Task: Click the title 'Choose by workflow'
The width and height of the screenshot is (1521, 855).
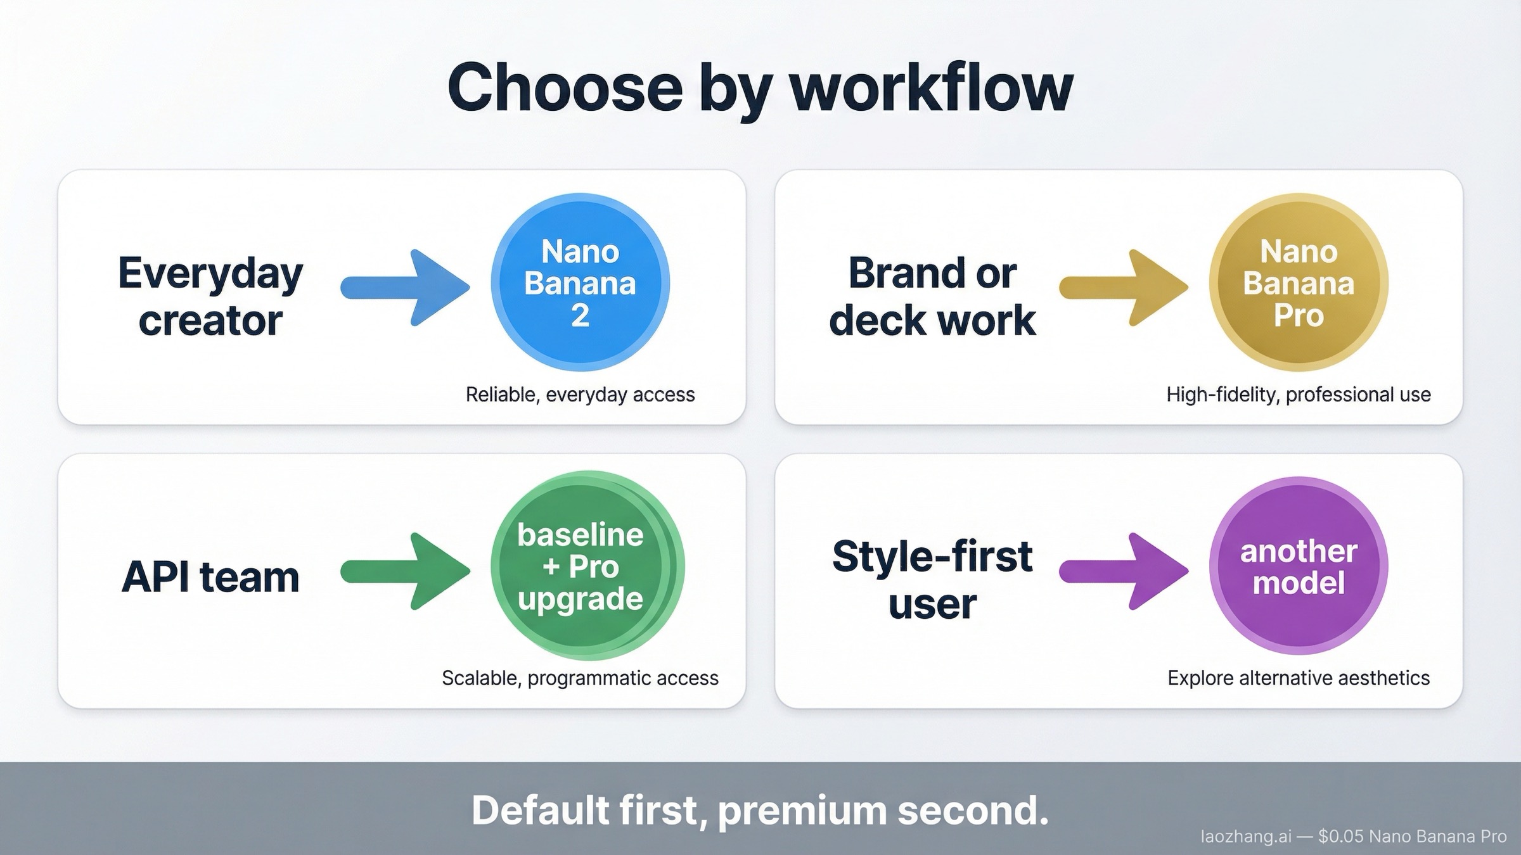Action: [x=760, y=89]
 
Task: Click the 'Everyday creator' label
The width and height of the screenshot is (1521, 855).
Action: [x=210, y=296]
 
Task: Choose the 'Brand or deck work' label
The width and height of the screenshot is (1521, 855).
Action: [x=932, y=296]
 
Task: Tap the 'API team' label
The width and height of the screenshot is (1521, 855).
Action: [x=210, y=577]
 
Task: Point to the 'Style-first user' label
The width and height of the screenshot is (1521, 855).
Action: [x=932, y=579]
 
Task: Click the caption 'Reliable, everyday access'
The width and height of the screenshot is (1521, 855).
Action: [x=580, y=395]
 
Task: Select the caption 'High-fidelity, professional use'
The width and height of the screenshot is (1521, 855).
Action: [x=1299, y=395]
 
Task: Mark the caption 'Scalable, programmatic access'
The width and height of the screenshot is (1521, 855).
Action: [x=580, y=678]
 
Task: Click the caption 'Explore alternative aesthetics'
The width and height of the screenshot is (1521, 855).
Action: [x=1299, y=678]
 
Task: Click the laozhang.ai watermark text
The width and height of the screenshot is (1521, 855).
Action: [x=1246, y=837]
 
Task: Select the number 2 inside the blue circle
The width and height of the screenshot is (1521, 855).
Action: [x=580, y=315]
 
